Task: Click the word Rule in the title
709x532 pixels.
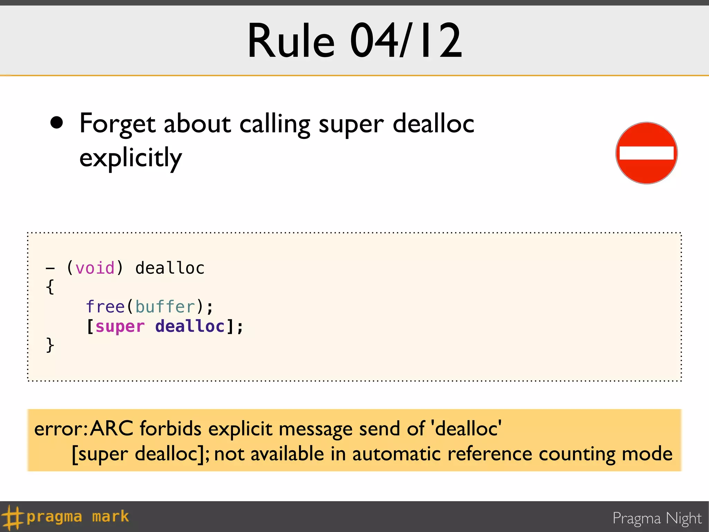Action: [291, 41]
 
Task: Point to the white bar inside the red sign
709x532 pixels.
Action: [646, 153]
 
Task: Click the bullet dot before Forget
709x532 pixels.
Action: [56, 123]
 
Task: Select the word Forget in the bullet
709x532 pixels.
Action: [117, 124]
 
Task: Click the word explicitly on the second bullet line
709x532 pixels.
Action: [131, 158]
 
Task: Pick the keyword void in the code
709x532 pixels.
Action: [95, 268]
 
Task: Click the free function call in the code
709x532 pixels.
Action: [105, 307]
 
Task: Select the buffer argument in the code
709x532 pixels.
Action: [165, 307]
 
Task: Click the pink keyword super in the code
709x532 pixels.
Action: [120, 327]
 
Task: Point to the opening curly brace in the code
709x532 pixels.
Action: [50, 287]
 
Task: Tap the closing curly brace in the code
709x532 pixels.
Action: [50, 345]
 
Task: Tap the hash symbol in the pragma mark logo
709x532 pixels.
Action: [12, 517]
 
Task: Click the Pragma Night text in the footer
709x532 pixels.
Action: [657, 518]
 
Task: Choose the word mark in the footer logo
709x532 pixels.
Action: [110, 516]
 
